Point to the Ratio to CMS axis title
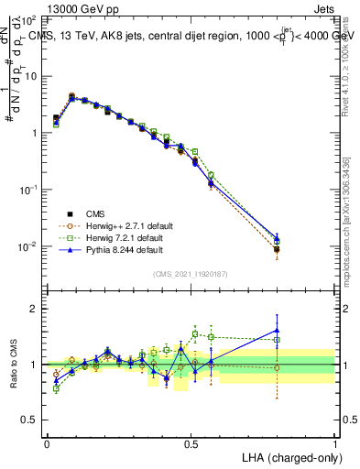pyautogui.click(x=14, y=364)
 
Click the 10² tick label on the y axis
pyautogui.click(x=29, y=18)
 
